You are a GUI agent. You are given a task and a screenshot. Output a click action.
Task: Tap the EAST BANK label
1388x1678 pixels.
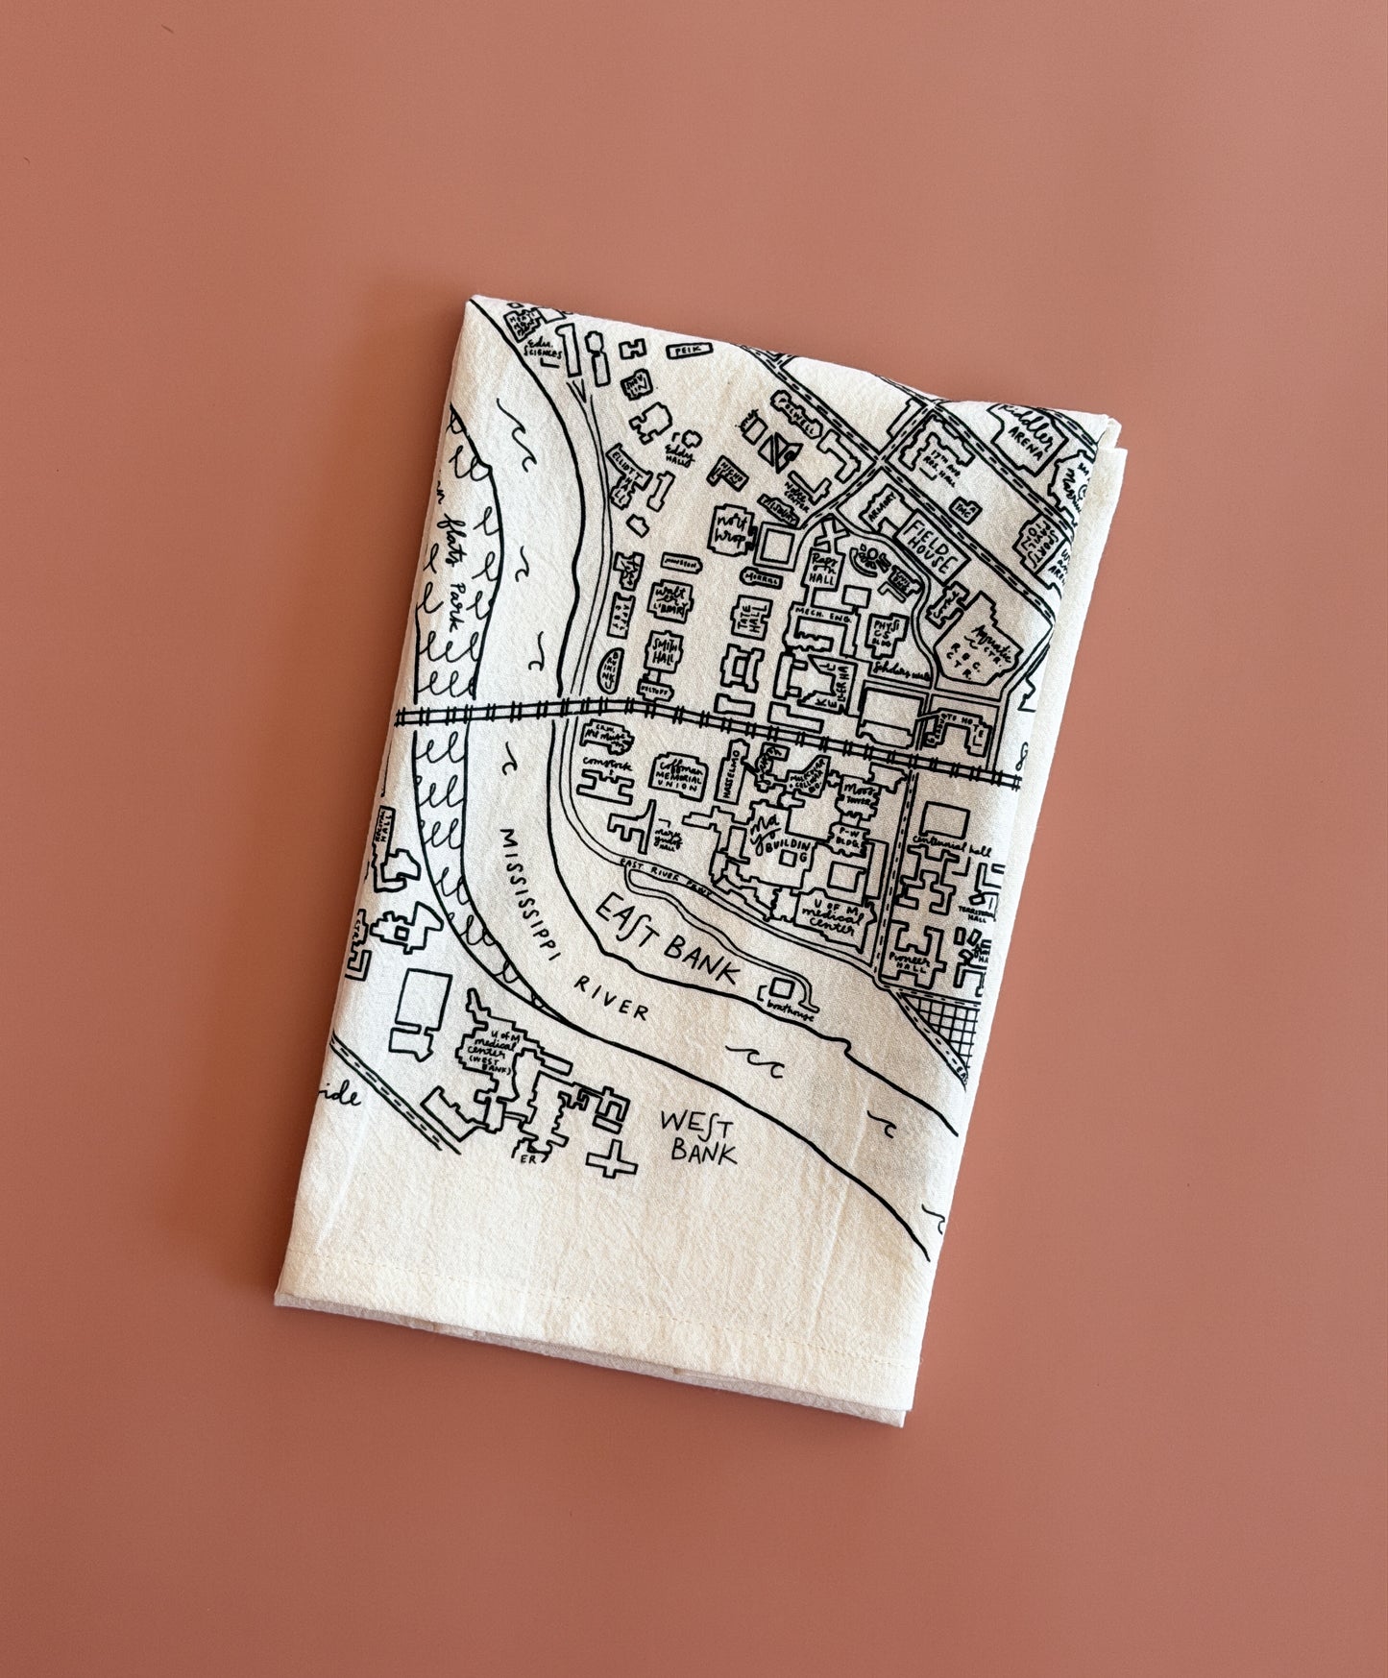click(x=672, y=940)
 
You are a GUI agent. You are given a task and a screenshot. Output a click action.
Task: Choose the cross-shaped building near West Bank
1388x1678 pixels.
click(x=611, y=1164)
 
